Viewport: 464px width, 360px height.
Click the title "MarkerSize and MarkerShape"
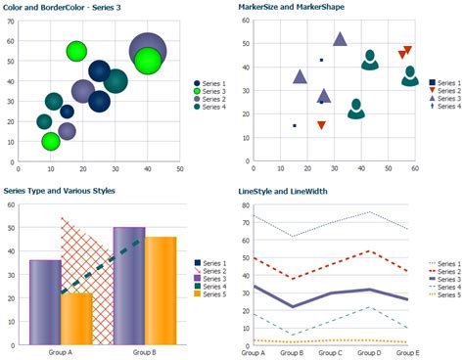pos(290,7)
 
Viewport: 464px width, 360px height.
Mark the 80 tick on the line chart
pos(244,205)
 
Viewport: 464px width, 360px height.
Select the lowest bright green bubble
pos(51,142)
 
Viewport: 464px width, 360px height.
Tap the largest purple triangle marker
pos(340,40)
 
